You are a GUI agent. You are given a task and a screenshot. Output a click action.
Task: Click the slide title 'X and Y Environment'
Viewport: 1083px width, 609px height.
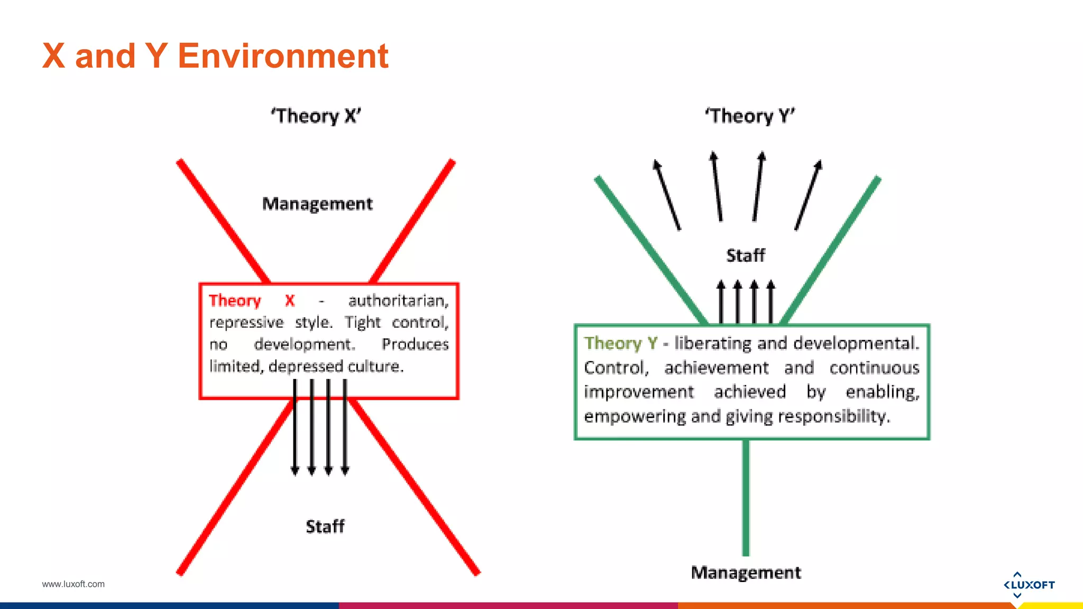click(215, 56)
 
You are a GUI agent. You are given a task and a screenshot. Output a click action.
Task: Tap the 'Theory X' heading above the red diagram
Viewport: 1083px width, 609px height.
click(316, 116)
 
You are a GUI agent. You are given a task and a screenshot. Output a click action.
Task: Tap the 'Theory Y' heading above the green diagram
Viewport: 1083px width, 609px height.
click(749, 116)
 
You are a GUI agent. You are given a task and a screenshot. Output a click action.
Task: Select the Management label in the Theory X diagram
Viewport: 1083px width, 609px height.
click(317, 204)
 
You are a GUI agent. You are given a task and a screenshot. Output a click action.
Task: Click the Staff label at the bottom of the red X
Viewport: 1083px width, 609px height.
click(325, 527)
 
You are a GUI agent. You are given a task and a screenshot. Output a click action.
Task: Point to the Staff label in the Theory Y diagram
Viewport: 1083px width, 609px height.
click(745, 255)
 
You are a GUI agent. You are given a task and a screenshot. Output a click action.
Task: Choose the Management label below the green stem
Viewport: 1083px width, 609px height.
click(746, 573)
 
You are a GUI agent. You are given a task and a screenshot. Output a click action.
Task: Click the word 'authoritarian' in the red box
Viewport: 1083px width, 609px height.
click(398, 301)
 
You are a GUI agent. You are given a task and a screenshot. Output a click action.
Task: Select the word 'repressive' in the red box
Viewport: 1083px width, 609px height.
click(246, 322)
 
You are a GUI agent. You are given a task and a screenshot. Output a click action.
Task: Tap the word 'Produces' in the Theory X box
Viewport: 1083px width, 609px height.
click(415, 345)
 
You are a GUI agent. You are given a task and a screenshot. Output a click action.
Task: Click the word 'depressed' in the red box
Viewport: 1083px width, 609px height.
click(306, 366)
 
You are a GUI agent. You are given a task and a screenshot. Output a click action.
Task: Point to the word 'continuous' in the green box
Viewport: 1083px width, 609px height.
click(874, 368)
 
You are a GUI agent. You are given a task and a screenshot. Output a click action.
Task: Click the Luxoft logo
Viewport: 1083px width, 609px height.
click(1029, 585)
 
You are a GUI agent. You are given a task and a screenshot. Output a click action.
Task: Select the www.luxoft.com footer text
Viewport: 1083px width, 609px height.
click(74, 584)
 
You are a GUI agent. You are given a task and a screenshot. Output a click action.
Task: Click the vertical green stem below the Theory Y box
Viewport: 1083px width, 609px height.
click(746, 497)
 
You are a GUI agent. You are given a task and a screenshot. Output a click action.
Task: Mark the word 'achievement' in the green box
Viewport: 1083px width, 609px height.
click(717, 368)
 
